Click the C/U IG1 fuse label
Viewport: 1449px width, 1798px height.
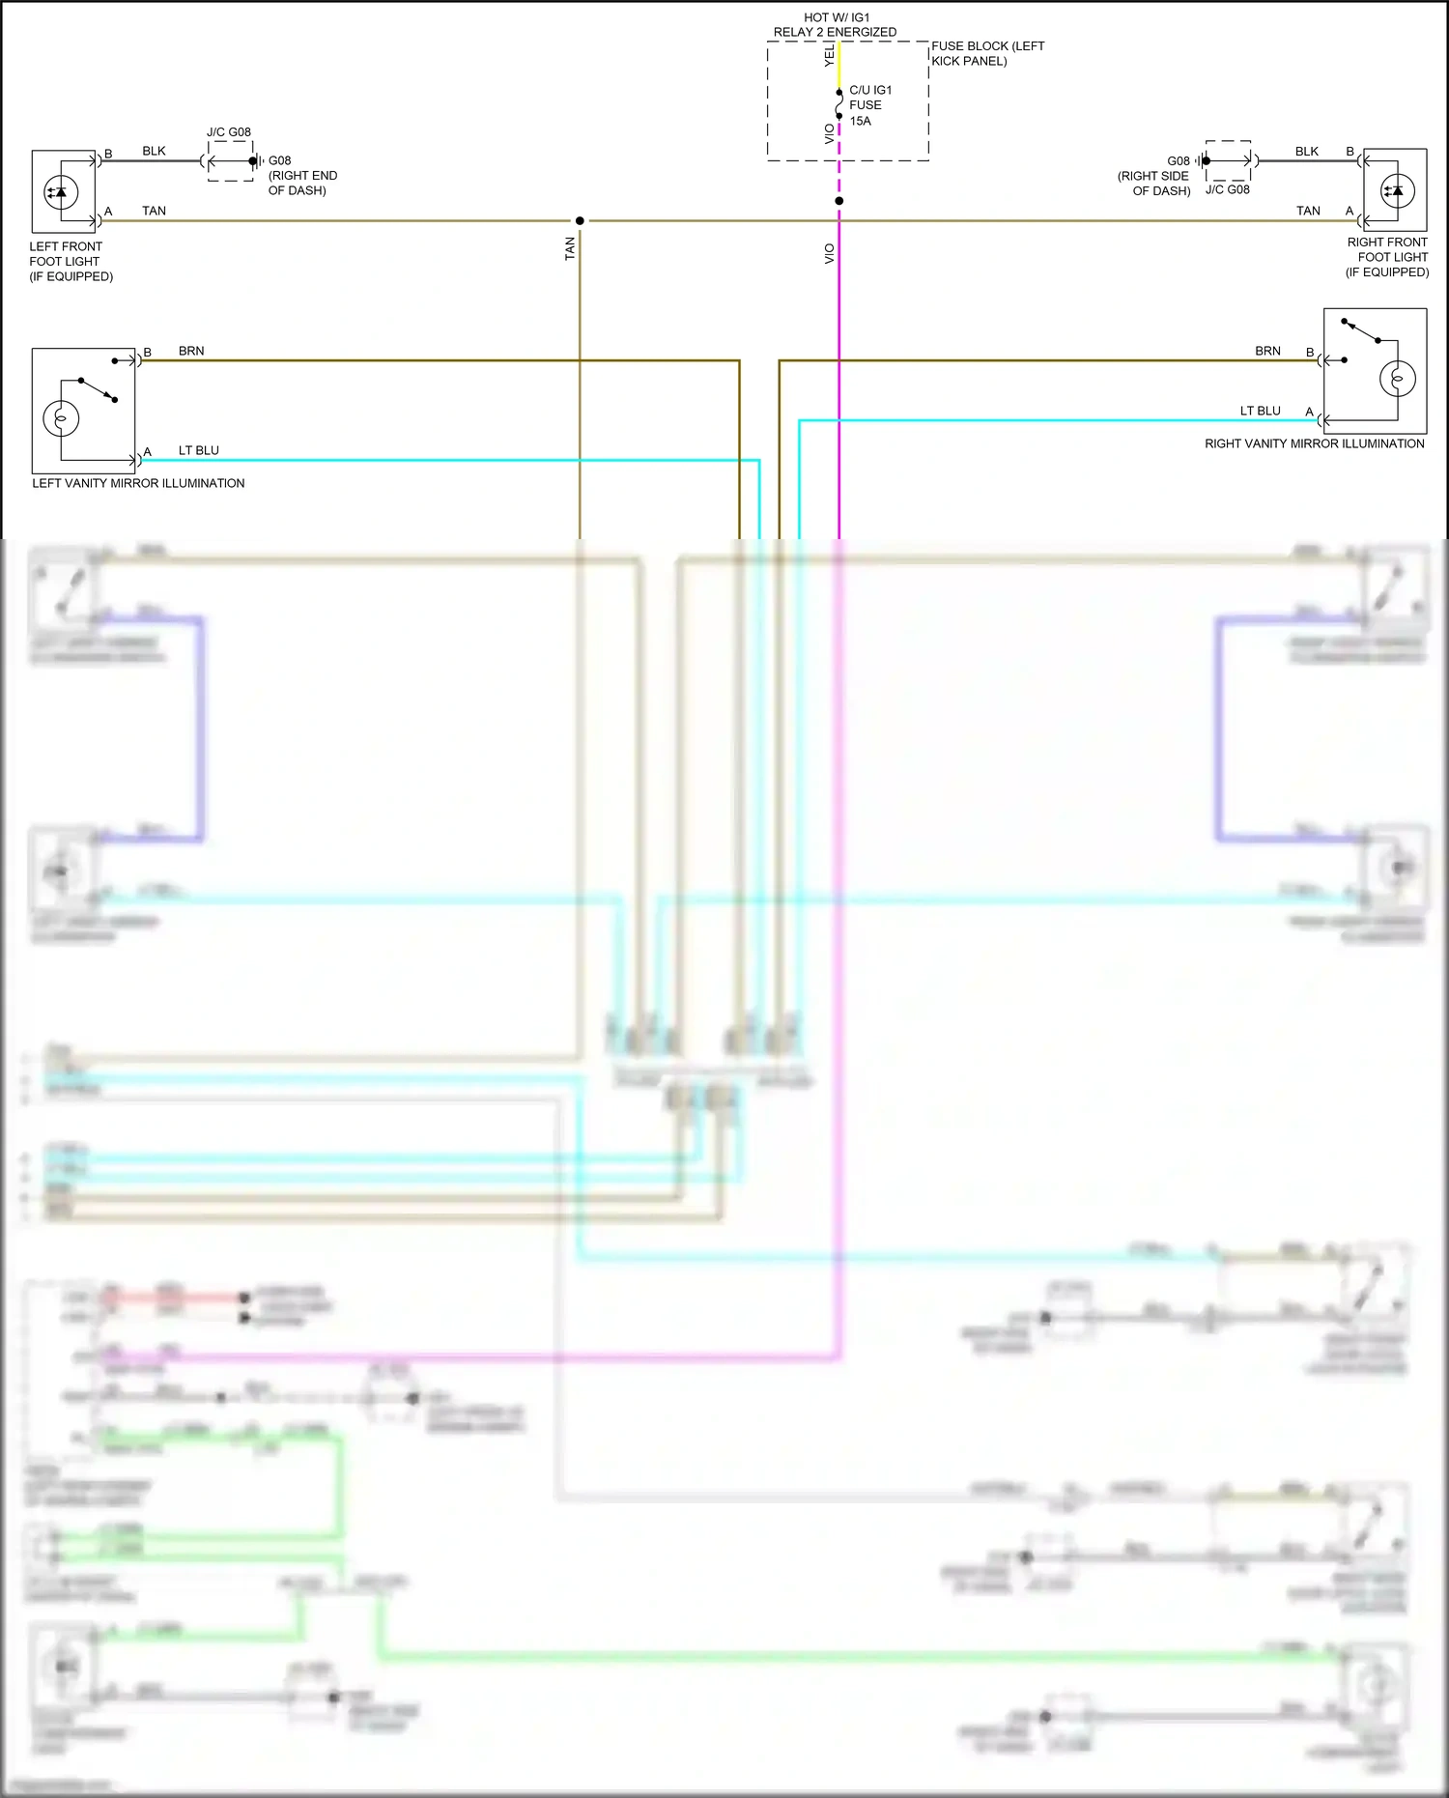[870, 90]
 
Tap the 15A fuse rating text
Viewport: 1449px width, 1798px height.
[860, 121]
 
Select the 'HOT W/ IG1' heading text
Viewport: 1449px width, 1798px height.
[837, 17]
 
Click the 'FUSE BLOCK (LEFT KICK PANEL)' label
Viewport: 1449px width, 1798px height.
[986, 53]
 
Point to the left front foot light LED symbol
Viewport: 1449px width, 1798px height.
[61, 193]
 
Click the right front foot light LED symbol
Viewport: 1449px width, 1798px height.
[1397, 190]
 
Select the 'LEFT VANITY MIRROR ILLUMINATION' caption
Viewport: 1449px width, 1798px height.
[138, 483]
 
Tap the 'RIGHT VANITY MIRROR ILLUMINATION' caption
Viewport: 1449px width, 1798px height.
[1314, 443]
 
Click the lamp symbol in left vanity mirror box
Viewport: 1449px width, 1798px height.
[61, 417]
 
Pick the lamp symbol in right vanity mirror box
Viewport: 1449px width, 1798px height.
[1397, 378]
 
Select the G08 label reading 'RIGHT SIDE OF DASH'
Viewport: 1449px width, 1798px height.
[1155, 176]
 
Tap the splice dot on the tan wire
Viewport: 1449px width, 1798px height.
[580, 221]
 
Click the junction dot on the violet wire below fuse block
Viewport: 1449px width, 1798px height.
[838, 201]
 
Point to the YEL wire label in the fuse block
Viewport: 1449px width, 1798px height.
[829, 56]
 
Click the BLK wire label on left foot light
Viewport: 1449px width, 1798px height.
[154, 151]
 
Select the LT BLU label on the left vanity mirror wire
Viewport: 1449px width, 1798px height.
[199, 450]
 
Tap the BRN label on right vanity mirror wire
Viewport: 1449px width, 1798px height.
[1267, 351]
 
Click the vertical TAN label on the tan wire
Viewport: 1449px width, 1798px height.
[570, 248]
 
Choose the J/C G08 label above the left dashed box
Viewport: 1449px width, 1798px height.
[229, 132]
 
